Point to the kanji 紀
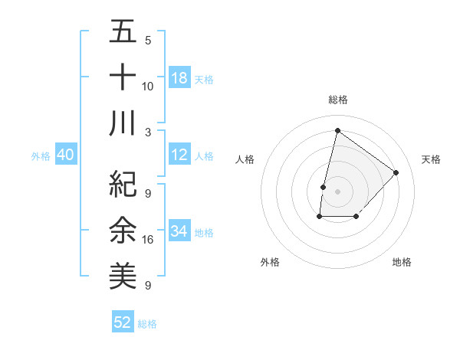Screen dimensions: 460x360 tap(123, 183)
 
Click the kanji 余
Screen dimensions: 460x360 tap(123, 228)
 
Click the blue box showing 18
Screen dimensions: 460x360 tap(179, 78)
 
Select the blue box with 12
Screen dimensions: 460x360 tap(179, 155)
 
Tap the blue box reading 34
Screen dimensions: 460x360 tap(179, 231)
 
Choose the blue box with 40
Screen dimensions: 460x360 tap(65, 155)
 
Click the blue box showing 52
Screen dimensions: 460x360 tap(123, 322)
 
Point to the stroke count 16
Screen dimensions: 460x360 tap(148, 240)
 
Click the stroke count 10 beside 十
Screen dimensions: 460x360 tap(148, 86)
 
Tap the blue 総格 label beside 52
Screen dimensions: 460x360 tap(147, 324)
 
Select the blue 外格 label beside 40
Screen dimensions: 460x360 tap(41, 156)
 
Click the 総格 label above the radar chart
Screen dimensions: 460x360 tap(338, 100)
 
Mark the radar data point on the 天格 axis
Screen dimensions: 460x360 tap(396, 172)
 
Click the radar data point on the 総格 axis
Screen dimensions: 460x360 tap(337, 131)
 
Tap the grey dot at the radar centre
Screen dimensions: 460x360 tap(337, 191)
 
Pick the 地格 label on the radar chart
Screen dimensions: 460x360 tap(402, 263)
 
